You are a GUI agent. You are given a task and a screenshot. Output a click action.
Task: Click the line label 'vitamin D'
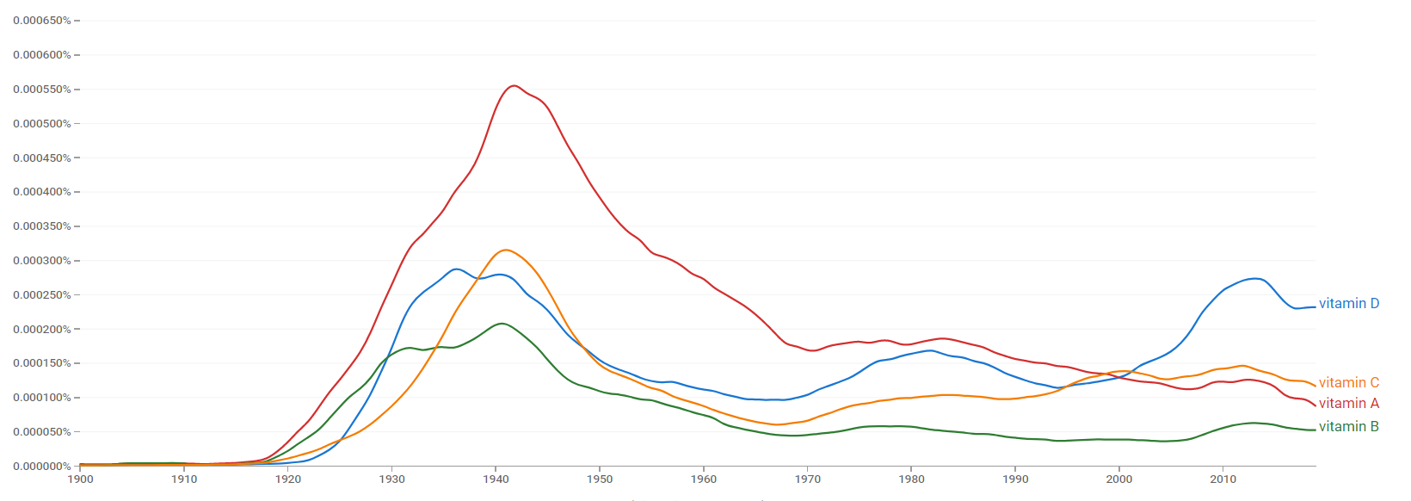click(1348, 303)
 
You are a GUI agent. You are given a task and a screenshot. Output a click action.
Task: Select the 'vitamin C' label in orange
click(1348, 382)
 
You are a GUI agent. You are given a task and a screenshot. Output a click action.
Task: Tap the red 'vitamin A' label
click(1348, 403)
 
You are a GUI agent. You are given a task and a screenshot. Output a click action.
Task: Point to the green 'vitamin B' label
click(1348, 426)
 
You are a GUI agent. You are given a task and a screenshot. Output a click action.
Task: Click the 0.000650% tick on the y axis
click(42, 21)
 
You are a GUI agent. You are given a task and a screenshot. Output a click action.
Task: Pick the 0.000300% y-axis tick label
click(42, 261)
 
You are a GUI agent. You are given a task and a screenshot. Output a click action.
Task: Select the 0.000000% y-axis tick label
click(42, 467)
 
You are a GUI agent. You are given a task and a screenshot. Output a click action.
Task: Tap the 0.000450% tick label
click(42, 158)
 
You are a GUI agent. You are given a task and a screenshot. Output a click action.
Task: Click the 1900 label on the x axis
click(80, 479)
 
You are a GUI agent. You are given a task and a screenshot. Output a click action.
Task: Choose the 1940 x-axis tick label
click(496, 479)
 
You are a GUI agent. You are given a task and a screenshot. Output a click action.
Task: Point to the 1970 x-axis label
click(807, 479)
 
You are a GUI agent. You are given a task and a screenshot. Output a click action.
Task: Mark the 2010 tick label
click(1223, 479)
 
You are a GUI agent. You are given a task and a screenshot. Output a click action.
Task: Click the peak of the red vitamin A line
click(514, 85)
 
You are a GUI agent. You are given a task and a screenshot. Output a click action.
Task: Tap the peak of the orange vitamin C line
click(505, 250)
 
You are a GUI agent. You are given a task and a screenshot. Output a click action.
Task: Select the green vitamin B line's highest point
click(501, 324)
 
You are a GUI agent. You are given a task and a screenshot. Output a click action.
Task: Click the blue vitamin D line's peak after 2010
click(1256, 278)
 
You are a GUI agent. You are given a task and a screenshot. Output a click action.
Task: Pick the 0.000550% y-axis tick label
click(42, 90)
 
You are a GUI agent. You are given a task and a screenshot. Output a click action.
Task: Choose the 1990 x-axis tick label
click(1015, 479)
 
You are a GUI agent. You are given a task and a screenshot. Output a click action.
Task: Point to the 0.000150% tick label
click(42, 363)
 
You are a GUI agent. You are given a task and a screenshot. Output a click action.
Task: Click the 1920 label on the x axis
click(288, 479)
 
